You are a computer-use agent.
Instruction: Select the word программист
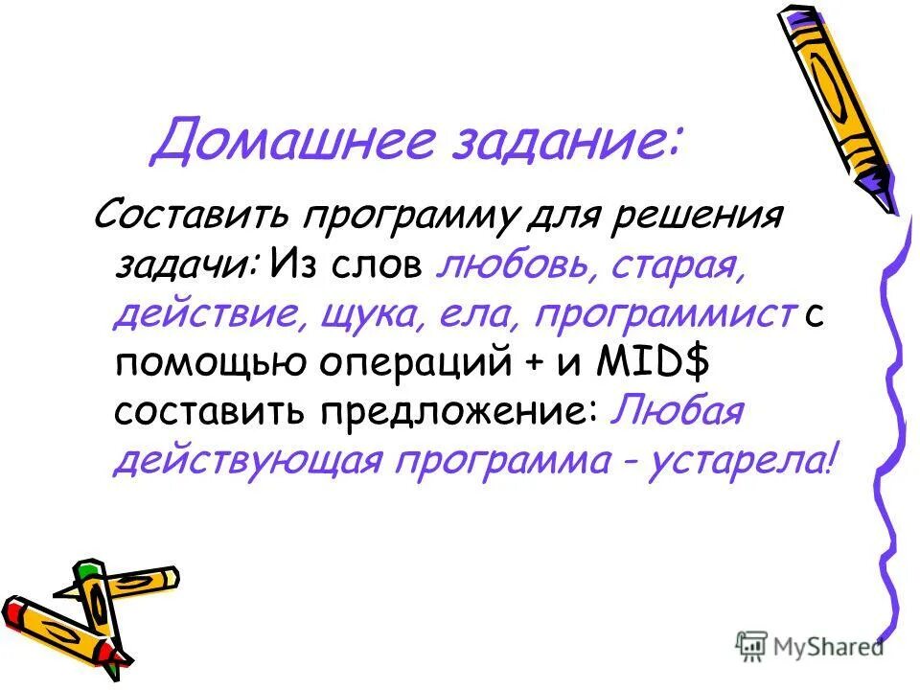coord(666,312)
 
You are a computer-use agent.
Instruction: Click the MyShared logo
coord(810,646)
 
